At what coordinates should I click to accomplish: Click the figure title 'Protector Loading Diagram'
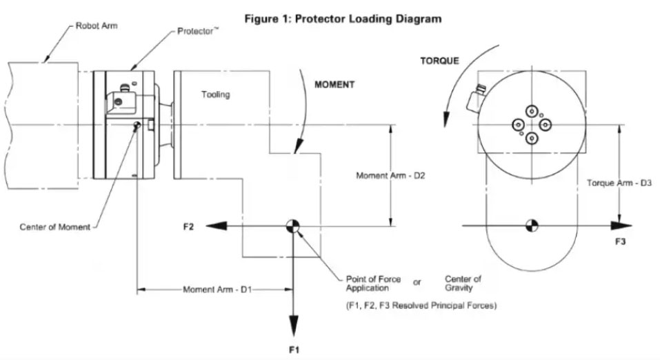pyautogui.click(x=343, y=19)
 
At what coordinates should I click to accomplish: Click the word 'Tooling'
pyautogui.click(x=215, y=94)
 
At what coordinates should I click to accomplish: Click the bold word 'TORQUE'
pyautogui.click(x=439, y=61)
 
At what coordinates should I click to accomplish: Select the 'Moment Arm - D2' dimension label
pyautogui.click(x=390, y=176)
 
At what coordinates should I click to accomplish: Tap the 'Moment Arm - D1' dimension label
pyautogui.click(x=217, y=289)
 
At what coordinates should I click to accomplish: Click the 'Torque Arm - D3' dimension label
pyautogui.click(x=619, y=183)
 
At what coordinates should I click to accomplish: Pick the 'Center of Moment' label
pyautogui.click(x=54, y=227)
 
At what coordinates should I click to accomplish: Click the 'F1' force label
pyautogui.click(x=293, y=350)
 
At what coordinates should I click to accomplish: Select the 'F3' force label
pyautogui.click(x=620, y=243)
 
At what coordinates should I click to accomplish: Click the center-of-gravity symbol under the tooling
pyautogui.click(x=293, y=226)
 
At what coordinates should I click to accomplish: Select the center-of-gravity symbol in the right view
pyautogui.click(x=531, y=225)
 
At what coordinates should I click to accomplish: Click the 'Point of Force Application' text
pyautogui.click(x=373, y=283)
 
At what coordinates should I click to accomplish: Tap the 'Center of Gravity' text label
pyautogui.click(x=463, y=283)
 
